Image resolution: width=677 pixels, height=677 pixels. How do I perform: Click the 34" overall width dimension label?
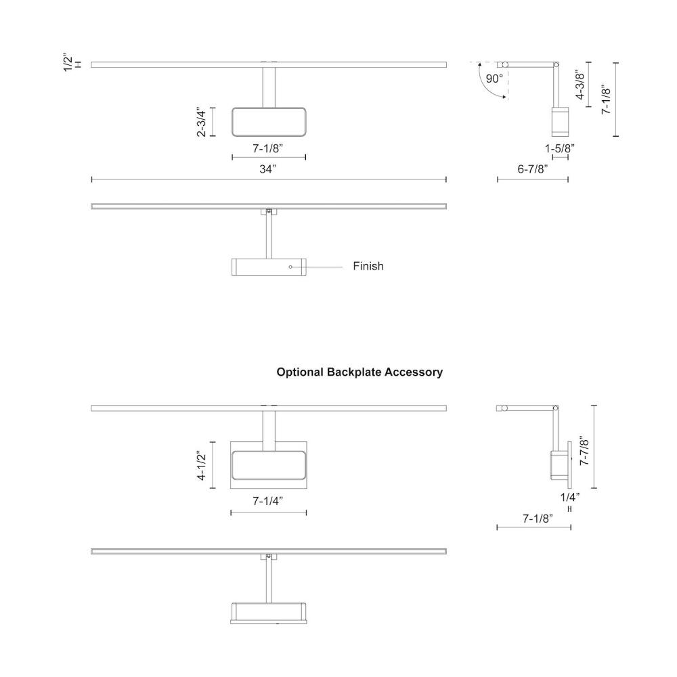point(268,169)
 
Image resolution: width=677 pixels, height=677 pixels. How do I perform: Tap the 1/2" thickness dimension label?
point(70,59)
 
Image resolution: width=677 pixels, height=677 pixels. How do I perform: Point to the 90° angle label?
point(494,79)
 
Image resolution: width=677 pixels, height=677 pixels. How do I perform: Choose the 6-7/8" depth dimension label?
point(532,169)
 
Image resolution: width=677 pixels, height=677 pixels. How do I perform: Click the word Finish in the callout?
point(368,266)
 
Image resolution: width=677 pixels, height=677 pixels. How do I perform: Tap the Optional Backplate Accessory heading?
point(359,372)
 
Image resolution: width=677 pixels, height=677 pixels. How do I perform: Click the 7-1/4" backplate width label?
point(268,501)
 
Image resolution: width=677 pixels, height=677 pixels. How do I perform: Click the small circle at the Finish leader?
point(290,267)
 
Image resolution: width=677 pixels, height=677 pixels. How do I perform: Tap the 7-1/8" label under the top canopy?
point(268,147)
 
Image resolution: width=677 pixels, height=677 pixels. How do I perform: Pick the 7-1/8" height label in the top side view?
point(607,99)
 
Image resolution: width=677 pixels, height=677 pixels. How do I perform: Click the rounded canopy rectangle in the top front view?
point(269,122)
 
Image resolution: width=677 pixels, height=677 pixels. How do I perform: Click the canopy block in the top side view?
point(559,121)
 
